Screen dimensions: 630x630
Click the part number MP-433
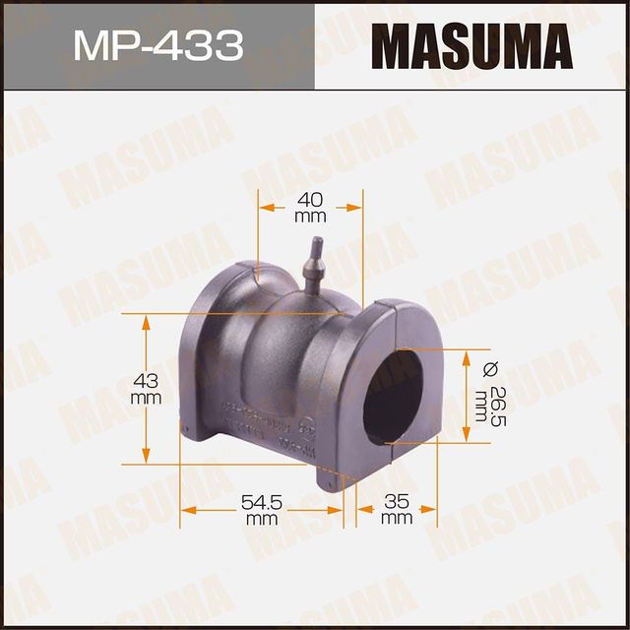point(157,45)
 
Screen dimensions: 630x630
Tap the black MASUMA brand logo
point(472,45)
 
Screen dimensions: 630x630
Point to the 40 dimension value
point(310,198)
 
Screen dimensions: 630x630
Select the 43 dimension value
point(146,380)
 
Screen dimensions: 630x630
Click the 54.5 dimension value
point(261,502)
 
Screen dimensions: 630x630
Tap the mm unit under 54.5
point(261,518)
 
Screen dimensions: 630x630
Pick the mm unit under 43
point(146,398)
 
